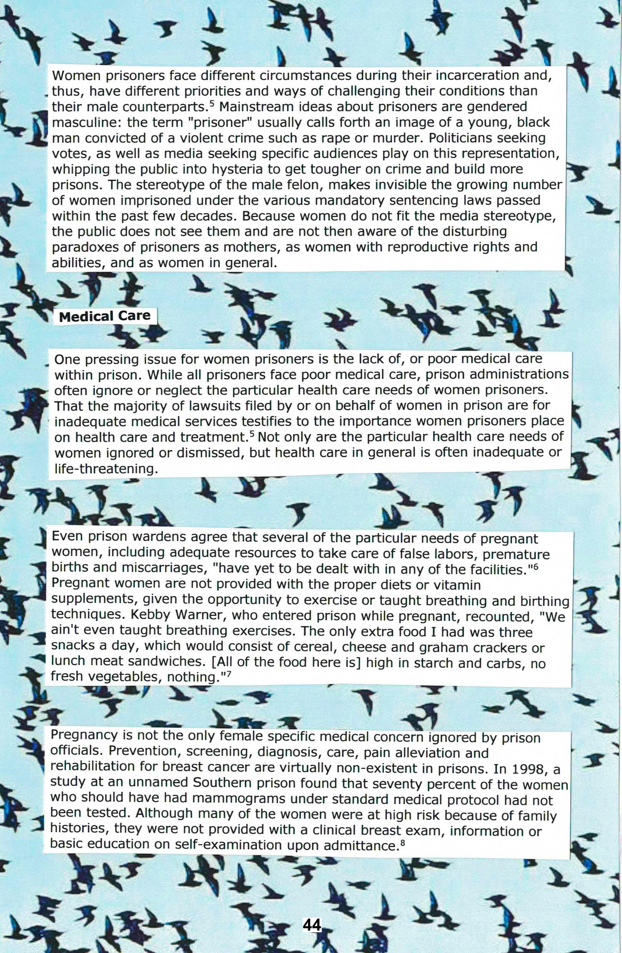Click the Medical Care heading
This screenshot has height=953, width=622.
pyautogui.click(x=105, y=317)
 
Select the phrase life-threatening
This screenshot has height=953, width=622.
pyautogui.click(x=104, y=468)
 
